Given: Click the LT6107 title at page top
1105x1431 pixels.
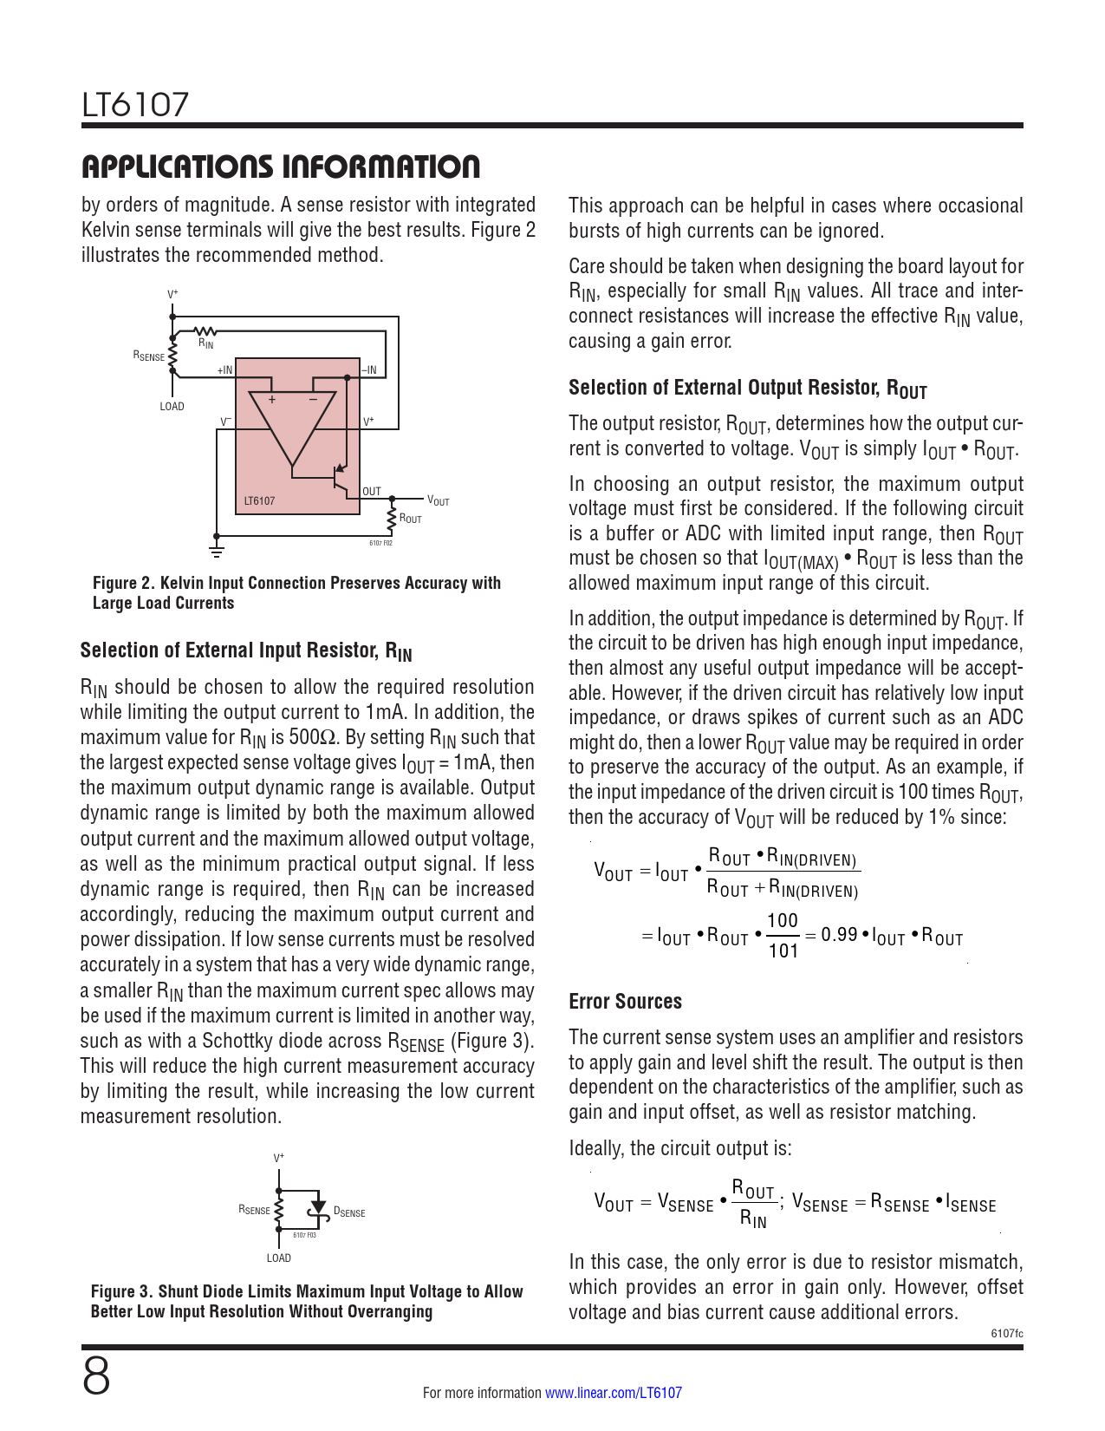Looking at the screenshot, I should pos(135,105).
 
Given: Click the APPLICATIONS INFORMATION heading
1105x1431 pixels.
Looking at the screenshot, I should pos(280,167).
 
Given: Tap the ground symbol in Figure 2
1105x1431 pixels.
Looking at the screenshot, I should pos(217,551).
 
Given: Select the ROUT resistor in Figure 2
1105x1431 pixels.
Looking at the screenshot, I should pos(392,518).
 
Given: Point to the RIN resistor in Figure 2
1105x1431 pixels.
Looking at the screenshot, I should pos(205,330).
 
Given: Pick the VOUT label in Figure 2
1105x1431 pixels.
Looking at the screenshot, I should pos(439,500).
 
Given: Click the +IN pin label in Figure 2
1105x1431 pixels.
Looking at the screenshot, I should pos(224,370).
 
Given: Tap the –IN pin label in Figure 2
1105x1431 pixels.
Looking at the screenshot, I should pos(369,370).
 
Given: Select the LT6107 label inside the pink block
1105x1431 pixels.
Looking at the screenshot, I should pos(259,501).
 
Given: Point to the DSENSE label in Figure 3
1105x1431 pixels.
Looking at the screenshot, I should pos(349,1212).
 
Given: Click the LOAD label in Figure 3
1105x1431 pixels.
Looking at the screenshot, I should pos(278,1258).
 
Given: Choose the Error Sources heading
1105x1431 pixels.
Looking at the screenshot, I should pos(625,1002).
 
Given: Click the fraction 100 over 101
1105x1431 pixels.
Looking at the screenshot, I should pos(783,936).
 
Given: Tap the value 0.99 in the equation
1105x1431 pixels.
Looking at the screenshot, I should pos(839,935).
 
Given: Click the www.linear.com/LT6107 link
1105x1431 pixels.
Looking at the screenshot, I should pos(613,1393).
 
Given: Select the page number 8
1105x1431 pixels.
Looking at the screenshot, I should pos(96,1376).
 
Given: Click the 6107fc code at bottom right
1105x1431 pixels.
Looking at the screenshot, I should pos(1006,1333).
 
